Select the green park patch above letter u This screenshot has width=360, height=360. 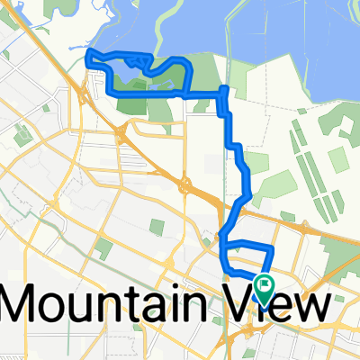[103, 248]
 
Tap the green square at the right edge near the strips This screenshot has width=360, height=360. [338, 160]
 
